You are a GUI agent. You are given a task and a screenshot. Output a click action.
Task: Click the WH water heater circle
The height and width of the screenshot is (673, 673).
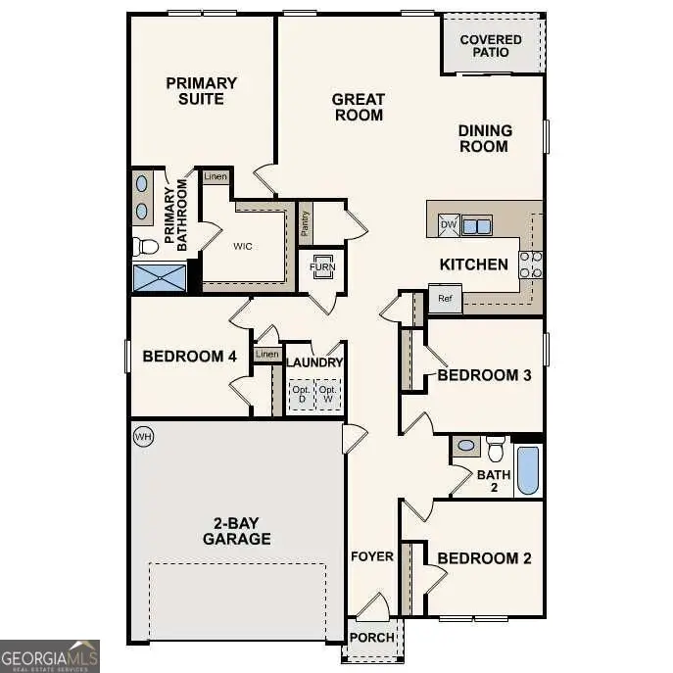(143, 435)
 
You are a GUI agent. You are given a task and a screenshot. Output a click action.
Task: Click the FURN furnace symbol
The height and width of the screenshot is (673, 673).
(321, 267)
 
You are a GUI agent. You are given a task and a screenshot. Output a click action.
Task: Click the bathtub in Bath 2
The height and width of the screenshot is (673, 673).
(527, 471)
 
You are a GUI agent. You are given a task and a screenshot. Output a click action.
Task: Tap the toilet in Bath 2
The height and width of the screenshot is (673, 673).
(495, 449)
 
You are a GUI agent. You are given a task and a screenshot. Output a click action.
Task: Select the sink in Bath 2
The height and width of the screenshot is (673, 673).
(466, 446)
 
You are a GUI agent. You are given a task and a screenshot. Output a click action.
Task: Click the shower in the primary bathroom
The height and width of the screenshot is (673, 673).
(159, 277)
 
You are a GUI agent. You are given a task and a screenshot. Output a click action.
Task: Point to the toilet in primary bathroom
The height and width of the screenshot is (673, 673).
(144, 245)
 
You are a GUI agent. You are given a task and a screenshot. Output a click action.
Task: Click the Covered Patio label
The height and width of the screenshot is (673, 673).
(491, 45)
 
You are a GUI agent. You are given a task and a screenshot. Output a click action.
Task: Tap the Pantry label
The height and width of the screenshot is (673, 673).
(306, 226)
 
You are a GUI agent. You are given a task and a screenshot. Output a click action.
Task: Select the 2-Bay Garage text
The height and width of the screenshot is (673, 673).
(236, 531)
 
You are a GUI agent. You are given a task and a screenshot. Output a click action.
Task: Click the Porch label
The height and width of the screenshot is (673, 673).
(372, 638)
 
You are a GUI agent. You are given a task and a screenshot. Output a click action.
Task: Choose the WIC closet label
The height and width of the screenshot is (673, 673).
(242, 246)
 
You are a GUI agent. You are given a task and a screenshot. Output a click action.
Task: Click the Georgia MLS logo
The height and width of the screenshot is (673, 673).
(49, 656)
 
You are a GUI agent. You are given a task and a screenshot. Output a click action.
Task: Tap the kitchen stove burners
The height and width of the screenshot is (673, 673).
(530, 264)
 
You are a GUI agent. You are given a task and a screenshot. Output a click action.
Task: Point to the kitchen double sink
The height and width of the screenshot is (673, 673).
(477, 226)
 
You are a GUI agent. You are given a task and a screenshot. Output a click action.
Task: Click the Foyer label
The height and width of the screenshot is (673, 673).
(372, 556)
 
